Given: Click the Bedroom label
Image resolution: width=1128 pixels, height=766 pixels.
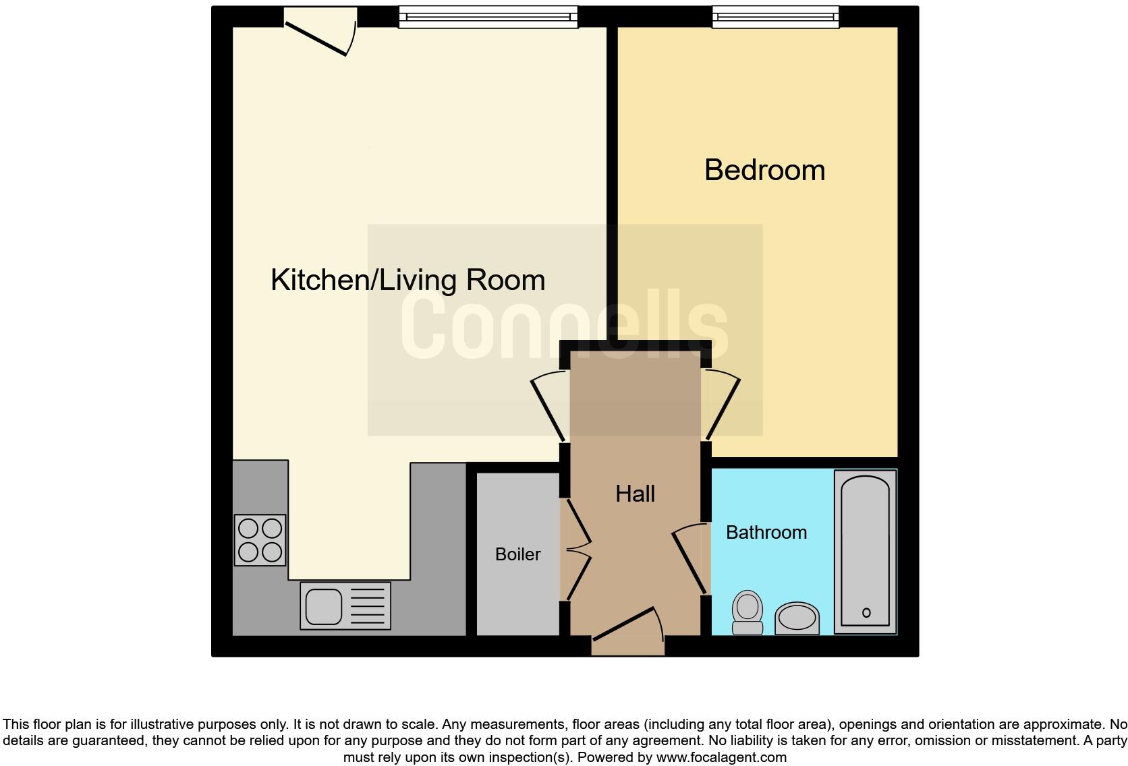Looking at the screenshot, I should (x=764, y=170).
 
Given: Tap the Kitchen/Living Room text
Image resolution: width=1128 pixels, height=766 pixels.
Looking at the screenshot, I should (x=407, y=280).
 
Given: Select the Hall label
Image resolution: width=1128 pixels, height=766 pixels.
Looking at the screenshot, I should (x=635, y=494).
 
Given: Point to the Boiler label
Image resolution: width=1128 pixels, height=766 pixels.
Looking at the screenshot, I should (x=517, y=554).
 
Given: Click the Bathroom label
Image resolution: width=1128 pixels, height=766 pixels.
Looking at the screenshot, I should (x=766, y=533).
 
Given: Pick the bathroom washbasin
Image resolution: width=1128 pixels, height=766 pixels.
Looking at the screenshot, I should (x=797, y=618).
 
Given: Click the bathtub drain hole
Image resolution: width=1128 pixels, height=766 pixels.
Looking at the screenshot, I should (x=866, y=613).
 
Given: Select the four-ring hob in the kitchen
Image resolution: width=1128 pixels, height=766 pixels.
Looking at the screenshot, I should (x=260, y=539).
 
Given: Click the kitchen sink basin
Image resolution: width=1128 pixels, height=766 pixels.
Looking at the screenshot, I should (x=324, y=606).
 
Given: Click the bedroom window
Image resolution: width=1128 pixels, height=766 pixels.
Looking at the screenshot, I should (x=776, y=16).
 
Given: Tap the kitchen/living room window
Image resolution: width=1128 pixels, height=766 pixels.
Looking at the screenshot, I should (x=488, y=16).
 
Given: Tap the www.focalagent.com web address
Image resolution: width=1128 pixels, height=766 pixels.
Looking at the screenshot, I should (x=721, y=757).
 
